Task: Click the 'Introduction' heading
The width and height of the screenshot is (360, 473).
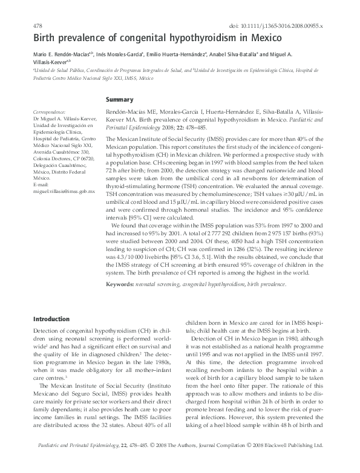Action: (x=52, y=319)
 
